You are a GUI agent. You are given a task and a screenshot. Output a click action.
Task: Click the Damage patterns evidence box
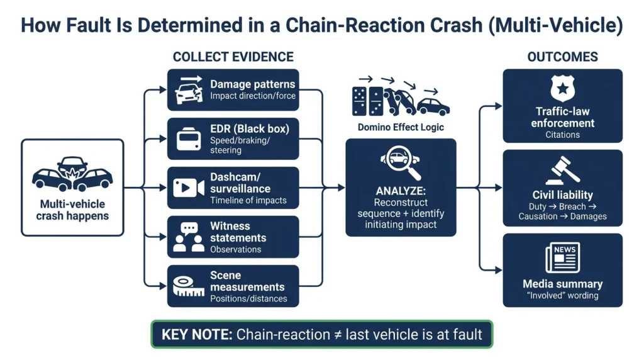click(233, 89)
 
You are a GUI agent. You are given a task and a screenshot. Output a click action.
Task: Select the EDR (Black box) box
click(233, 138)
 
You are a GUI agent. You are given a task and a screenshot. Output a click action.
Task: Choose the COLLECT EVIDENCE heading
click(233, 57)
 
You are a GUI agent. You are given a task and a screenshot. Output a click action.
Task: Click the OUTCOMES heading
click(562, 57)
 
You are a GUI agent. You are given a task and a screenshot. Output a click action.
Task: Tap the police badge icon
click(562, 89)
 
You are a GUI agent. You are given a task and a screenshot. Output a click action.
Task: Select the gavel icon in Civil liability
click(562, 170)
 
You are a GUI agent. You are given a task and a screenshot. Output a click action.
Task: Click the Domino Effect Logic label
click(401, 127)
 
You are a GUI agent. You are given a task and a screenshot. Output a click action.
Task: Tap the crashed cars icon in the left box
click(72, 174)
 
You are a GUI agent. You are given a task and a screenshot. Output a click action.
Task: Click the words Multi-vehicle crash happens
click(72, 210)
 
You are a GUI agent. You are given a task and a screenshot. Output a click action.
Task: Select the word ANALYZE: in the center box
click(401, 191)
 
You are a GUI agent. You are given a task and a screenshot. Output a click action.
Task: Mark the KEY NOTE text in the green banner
click(196, 334)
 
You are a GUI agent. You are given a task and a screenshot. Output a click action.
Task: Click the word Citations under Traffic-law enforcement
click(562, 135)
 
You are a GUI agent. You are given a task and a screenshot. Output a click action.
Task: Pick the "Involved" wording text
click(562, 296)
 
